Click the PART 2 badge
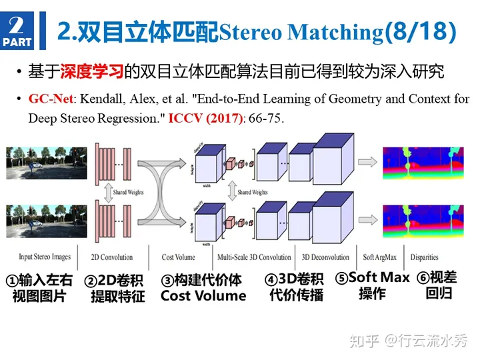click(x=18, y=31)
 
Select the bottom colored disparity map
click(x=423, y=221)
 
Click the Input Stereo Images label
click(x=45, y=257)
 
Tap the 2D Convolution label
click(x=111, y=257)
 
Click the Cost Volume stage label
click(x=179, y=257)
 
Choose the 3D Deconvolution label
click(x=325, y=257)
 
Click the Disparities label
click(x=425, y=257)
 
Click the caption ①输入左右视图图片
click(x=39, y=287)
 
